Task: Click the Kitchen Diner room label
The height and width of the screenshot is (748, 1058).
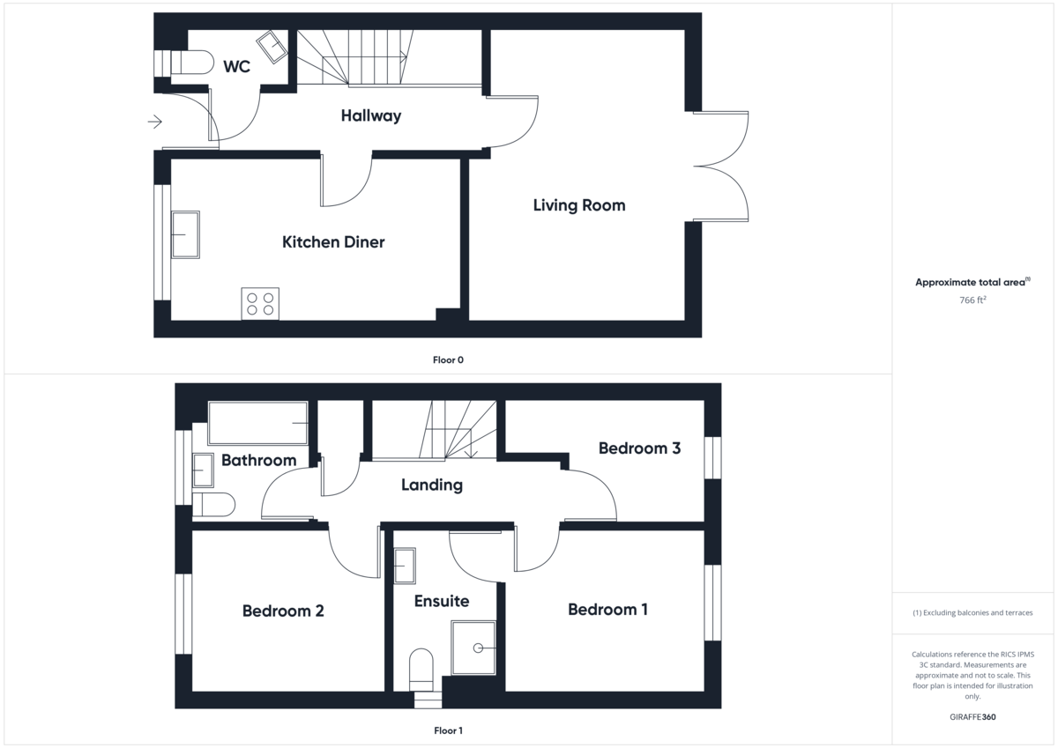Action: pos(333,242)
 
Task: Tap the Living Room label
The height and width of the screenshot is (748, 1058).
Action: pos(579,205)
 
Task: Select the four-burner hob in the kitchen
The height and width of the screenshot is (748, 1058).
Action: pos(260,303)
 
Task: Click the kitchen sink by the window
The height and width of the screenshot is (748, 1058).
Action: pos(185,234)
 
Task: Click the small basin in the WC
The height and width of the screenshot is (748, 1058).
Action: pos(272,47)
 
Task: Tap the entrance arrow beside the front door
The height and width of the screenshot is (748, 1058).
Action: pos(155,122)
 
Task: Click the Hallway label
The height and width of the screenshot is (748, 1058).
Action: pos(371,115)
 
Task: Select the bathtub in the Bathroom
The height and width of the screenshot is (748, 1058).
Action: pos(257,423)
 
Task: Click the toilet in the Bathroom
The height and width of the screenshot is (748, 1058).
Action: pos(213,505)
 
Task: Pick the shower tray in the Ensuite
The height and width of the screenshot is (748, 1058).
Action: pos(473,648)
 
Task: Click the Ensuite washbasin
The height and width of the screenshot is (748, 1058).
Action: pos(405,566)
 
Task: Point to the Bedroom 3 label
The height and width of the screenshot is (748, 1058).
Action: pos(639,448)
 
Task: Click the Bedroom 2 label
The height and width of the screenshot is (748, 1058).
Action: pos(283,611)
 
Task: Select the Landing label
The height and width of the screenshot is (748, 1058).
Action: pos(431,485)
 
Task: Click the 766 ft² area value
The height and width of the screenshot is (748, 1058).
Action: pos(972,300)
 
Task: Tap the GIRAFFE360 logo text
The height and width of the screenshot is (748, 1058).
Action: pos(972,717)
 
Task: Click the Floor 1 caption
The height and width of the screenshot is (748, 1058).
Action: pos(448,730)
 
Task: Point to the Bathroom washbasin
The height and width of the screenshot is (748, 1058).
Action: pos(203,471)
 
